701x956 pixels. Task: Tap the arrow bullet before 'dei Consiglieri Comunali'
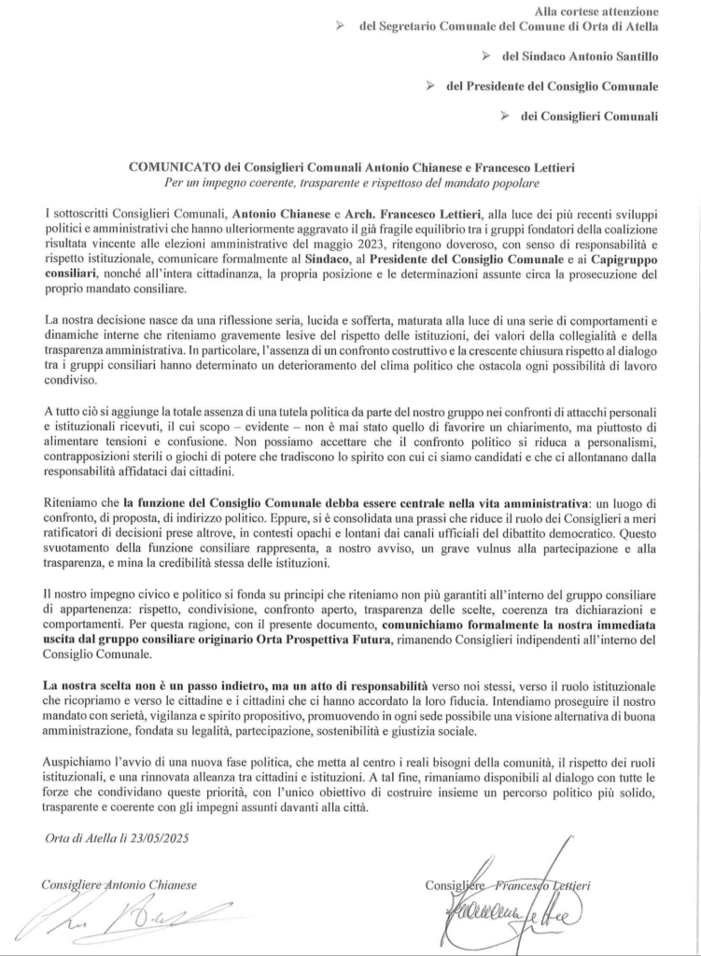(504, 116)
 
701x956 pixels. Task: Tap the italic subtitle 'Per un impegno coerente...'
(350, 181)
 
